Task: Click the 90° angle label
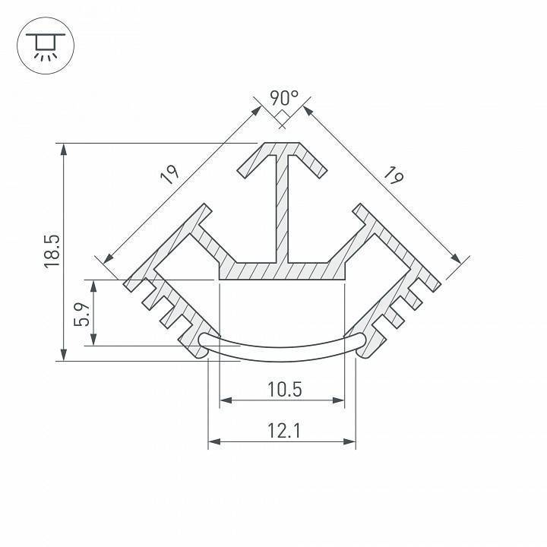point(284,98)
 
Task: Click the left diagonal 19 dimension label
point(170,174)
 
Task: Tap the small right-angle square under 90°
point(282,117)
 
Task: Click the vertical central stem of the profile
point(283,205)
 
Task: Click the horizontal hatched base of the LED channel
point(283,270)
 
